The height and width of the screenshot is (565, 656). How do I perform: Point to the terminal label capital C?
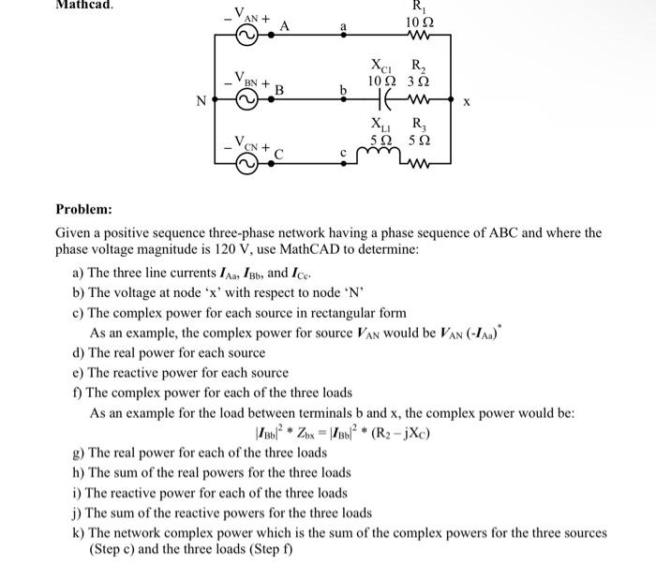coord(278,153)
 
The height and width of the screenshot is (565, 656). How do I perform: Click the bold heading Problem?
coord(83,208)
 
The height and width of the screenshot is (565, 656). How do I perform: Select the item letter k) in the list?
coord(79,532)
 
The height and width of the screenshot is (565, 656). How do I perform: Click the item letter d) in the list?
coord(79,352)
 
